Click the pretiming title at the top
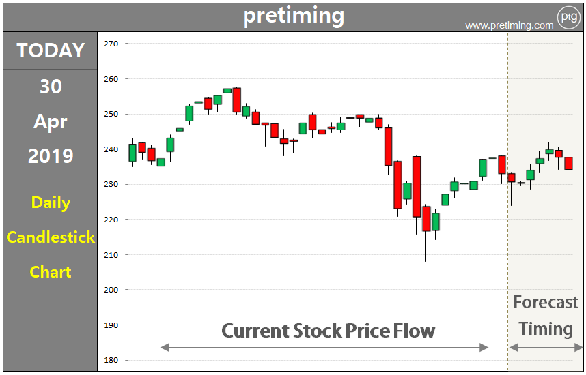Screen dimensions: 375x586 294,15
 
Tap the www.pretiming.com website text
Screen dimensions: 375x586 509,25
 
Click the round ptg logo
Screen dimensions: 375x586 568,16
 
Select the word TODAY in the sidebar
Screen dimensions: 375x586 51,50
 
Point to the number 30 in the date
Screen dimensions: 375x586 51,87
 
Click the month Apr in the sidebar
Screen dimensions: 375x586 51,121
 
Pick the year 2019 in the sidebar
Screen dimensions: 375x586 51,156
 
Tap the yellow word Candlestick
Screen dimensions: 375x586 51,237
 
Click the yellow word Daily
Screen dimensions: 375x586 51,202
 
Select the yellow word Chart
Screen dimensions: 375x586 51,272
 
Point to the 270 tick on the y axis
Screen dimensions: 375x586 111,44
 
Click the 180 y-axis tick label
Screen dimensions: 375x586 111,360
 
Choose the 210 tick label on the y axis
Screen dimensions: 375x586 111,254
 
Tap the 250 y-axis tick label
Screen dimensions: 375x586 111,114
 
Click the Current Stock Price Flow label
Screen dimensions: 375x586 328,331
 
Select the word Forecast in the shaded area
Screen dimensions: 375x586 545,302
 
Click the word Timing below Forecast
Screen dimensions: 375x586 545,329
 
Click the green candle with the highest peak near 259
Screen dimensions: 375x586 227,90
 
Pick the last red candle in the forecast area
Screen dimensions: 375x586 568,164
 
